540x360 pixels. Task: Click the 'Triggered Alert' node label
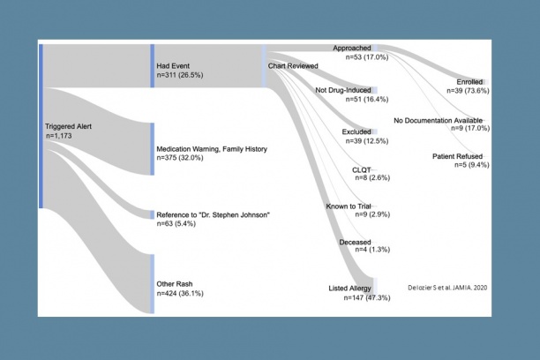coord(68,126)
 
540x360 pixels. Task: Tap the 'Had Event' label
coord(174,66)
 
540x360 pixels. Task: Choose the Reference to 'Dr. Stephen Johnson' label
coord(213,215)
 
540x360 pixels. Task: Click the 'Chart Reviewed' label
coord(293,66)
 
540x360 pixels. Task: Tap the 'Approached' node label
coord(352,47)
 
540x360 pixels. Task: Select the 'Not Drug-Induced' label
coord(344,90)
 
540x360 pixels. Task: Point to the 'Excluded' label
coord(356,131)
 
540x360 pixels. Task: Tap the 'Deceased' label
coord(355,241)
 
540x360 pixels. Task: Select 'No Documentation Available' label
coord(449,120)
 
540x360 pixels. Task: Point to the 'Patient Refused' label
coord(458,156)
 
